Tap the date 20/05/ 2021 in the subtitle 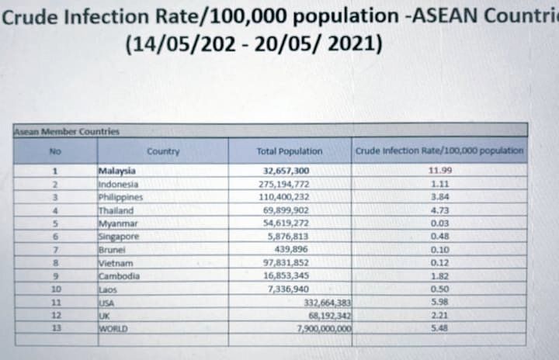(x=329, y=44)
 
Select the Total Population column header (x=289, y=151)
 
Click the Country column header (x=163, y=151)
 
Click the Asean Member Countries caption (x=67, y=132)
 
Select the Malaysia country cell (x=117, y=171)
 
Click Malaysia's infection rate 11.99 (x=439, y=171)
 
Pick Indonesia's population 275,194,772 (x=289, y=185)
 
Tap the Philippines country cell (x=120, y=197)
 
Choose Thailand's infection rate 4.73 (x=439, y=210)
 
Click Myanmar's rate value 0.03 (x=439, y=223)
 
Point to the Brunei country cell (x=112, y=250)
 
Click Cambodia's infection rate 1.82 (x=439, y=276)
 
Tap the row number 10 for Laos (x=54, y=289)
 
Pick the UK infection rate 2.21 (x=439, y=316)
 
